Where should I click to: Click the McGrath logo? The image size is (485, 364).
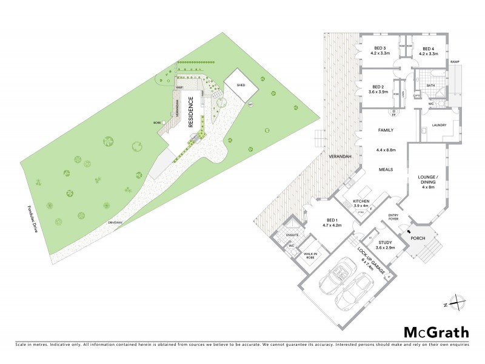436,332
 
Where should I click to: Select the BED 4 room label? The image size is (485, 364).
429,49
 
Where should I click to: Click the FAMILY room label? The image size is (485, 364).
386,130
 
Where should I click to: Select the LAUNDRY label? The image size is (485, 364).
439,125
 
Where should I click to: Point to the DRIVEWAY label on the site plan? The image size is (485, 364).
115,223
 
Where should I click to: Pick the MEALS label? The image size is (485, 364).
386,170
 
